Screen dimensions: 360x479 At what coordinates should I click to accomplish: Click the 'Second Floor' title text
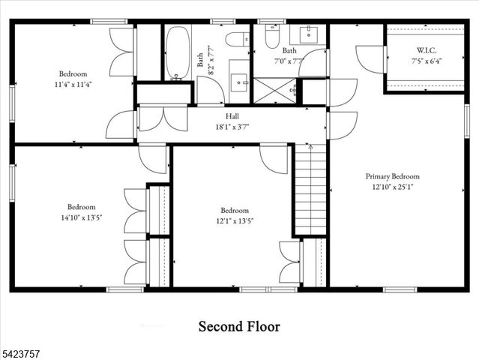click(239, 326)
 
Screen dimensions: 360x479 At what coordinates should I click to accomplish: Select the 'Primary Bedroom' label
click(392, 176)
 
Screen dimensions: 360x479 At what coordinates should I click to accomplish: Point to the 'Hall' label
click(232, 117)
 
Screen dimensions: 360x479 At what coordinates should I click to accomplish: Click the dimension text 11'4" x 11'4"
click(73, 85)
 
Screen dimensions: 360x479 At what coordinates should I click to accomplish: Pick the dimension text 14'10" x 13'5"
click(81, 218)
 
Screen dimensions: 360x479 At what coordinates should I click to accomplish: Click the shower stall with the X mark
click(274, 90)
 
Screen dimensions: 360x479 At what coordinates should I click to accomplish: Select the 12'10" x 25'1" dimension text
click(392, 187)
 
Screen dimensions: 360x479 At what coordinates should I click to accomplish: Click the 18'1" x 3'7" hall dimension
click(232, 127)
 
